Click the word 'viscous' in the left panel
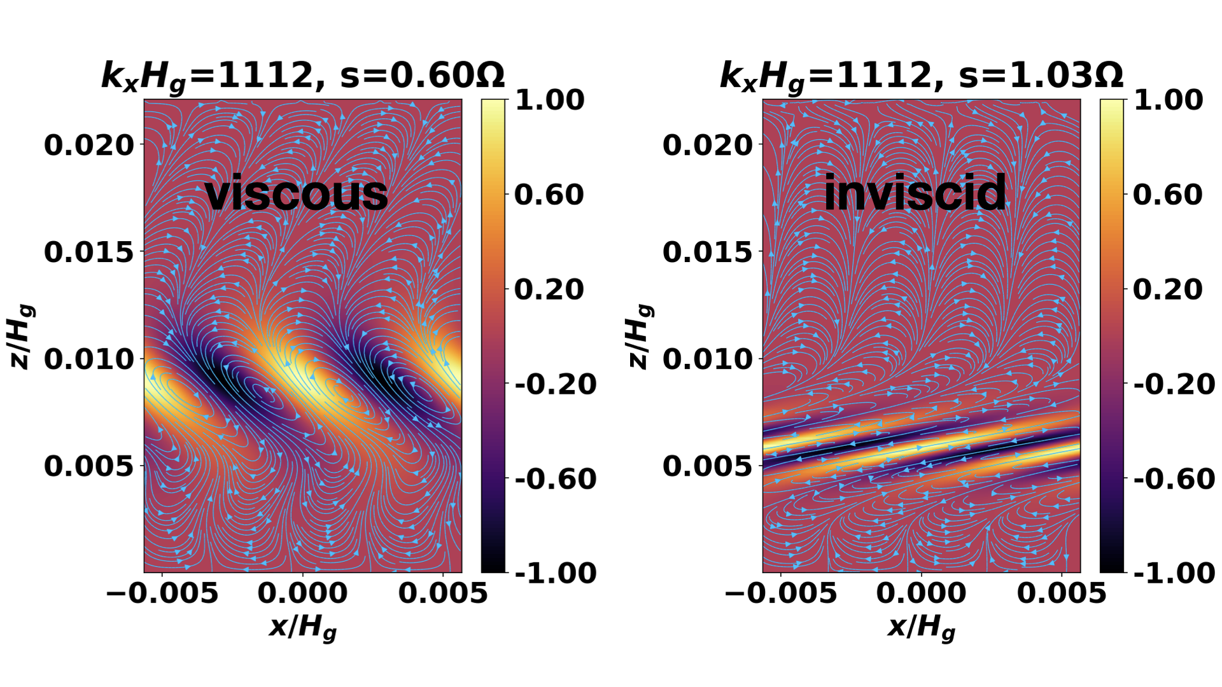tap(297, 193)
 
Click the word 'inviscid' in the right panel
tap(915, 193)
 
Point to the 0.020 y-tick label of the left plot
tap(90, 145)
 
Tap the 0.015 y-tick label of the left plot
tap(90, 252)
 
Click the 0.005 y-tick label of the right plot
tap(708, 466)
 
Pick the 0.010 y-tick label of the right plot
tap(708, 359)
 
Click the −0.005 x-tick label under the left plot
tap(162, 593)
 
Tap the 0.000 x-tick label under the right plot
tap(922, 593)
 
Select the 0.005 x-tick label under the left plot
tap(443, 593)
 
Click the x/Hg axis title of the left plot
tap(303, 628)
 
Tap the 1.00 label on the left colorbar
tap(549, 100)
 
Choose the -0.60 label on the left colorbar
tap(556, 479)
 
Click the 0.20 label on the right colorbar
tap(1168, 289)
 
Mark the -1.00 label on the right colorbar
tap(1174, 573)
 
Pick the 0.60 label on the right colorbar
tap(1168, 195)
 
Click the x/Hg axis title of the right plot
tap(922, 628)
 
